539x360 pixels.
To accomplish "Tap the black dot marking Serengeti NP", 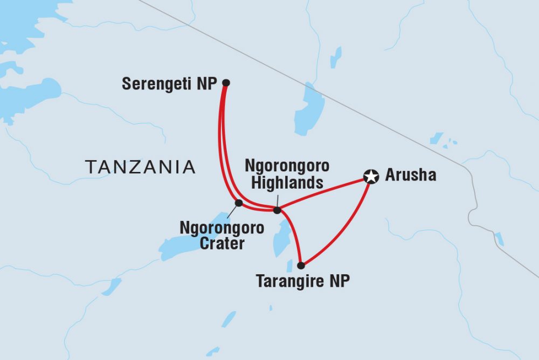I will [226, 82].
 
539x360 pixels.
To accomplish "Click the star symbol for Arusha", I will [370, 176].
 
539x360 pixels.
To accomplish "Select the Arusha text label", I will [410, 176].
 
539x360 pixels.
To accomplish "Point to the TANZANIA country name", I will [140, 167].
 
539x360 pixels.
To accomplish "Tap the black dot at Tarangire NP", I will [301, 265].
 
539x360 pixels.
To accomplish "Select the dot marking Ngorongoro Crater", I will [238, 203].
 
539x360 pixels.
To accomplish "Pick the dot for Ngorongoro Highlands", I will [277, 210].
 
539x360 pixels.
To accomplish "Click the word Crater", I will [222, 244].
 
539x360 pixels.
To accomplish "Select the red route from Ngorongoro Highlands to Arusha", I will [323, 192].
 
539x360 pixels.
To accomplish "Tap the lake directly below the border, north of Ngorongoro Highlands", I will [308, 110].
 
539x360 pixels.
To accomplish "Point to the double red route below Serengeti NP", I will [222, 146].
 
